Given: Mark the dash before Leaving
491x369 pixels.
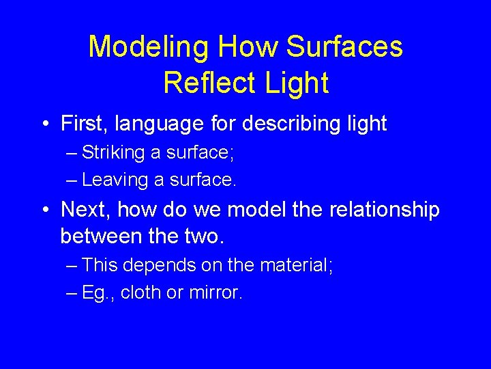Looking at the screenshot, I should pyautogui.click(x=72, y=180).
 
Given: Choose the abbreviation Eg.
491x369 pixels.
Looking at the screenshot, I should pyautogui.click(x=97, y=292).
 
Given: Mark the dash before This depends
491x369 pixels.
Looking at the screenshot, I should pyautogui.click(x=72, y=266).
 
